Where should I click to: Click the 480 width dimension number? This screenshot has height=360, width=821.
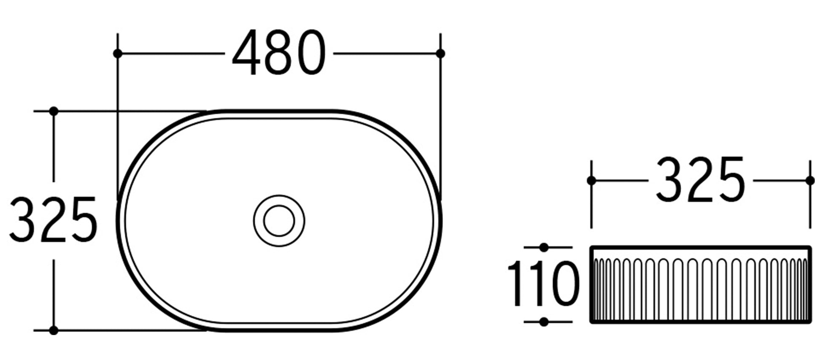point(279,53)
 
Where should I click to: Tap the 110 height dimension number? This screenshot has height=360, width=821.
point(543,283)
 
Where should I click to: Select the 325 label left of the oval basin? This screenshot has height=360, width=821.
point(53,219)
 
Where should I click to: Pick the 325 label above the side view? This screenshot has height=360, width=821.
point(700,179)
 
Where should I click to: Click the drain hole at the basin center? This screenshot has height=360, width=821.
point(279,220)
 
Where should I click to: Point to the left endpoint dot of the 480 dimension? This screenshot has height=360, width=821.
point(118,54)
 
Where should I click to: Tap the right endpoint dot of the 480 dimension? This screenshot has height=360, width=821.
point(440,54)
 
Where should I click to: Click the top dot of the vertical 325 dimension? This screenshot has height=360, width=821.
point(54,111)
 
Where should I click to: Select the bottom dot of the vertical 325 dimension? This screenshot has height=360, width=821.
point(54,330)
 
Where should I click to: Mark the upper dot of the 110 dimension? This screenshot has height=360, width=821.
point(544,247)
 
